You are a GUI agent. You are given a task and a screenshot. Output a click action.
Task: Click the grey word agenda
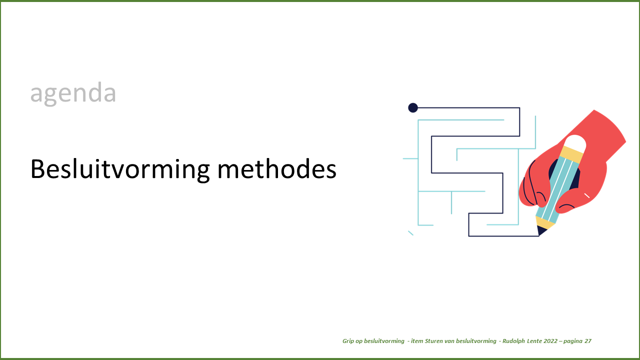coord(73,93)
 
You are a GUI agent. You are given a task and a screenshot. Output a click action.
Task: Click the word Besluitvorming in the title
coord(120,169)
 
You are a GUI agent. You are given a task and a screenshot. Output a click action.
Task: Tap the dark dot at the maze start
coord(413,107)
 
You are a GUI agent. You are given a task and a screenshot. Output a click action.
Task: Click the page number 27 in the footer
coord(588,341)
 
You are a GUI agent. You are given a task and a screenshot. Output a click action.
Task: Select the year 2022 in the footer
coord(550,341)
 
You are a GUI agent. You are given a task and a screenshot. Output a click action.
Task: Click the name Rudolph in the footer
coord(513,341)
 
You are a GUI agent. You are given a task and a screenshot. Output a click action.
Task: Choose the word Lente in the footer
coord(534,341)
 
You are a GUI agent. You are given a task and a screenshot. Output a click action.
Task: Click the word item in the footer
coord(417,341)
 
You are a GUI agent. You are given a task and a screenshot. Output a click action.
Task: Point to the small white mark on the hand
coord(587,195)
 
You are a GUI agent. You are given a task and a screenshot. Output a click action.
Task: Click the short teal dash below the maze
coord(410,233)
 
